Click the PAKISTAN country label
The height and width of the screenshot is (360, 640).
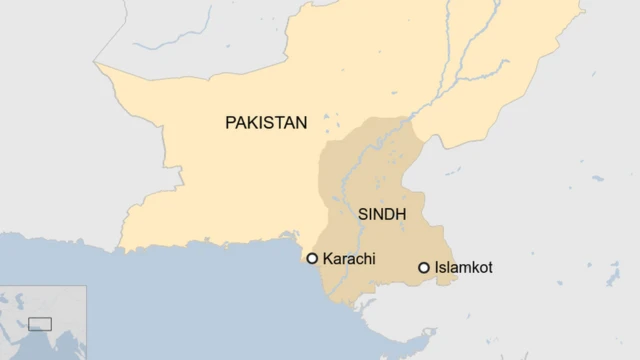(x=265, y=122)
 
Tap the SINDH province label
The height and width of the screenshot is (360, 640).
(x=381, y=213)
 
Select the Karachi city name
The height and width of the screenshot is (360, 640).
(x=349, y=259)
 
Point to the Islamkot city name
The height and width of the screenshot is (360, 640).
(x=464, y=268)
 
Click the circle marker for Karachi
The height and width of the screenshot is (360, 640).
(x=312, y=259)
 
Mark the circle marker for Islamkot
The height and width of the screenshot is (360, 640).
(x=424, y=268)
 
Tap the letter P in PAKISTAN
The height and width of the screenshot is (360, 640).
(x=230, y=122)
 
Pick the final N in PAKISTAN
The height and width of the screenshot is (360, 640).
(x=301, y=122)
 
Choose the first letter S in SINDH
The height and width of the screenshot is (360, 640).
(x=362, y=213)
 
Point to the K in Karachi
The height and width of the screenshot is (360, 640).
(x=327, y=259)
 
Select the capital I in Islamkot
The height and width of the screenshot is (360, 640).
(x=437, y=268)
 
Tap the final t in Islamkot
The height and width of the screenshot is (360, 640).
(x=490, y=268)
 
